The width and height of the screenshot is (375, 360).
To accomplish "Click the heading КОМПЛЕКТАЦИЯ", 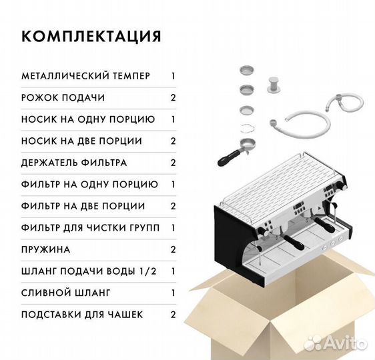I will tap(91, 36).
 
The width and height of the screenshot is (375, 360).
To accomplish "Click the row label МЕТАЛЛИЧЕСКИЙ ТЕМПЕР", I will tap(86, 76).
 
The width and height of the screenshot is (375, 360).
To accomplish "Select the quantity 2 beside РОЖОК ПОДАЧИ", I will tap(173, 98).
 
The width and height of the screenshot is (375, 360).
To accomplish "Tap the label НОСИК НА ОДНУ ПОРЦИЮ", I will tap(88, 119).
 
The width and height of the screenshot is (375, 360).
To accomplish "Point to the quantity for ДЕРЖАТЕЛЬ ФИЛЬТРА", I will tap(173, 163).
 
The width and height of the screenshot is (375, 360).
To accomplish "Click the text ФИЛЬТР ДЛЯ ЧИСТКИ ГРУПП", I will tap(90, 228).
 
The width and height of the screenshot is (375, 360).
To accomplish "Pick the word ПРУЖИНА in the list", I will tap(46, 250).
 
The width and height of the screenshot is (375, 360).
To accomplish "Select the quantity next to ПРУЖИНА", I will tap(173, 250).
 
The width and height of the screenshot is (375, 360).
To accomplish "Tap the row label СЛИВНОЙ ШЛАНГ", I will tap(66, 293).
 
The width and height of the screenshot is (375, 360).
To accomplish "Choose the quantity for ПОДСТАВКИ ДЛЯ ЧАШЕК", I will tap(173, 315).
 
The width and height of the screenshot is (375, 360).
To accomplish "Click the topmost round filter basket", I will tap(248, 70).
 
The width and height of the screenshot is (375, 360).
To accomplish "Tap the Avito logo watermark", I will tap(335, 343).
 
